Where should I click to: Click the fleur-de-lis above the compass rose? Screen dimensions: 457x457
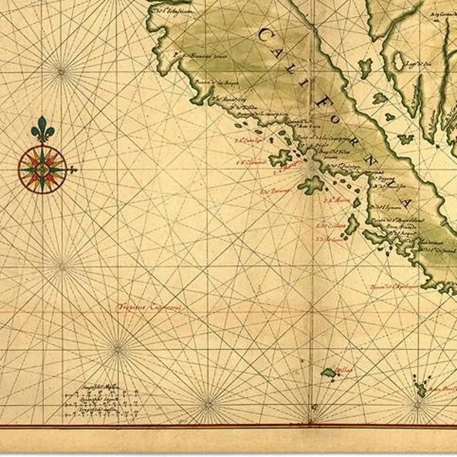pyautogui.click(x=43, y=128)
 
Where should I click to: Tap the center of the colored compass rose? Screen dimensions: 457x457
pyautogui.click(x=43, y=170)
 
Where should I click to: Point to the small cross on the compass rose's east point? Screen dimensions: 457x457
pyautogui.click(x=72, y=170)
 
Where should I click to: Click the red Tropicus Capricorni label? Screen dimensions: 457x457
pyautogui.click(x=149, y=307)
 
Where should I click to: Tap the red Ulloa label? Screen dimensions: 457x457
pyautogui.click(x=344, y=371)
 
